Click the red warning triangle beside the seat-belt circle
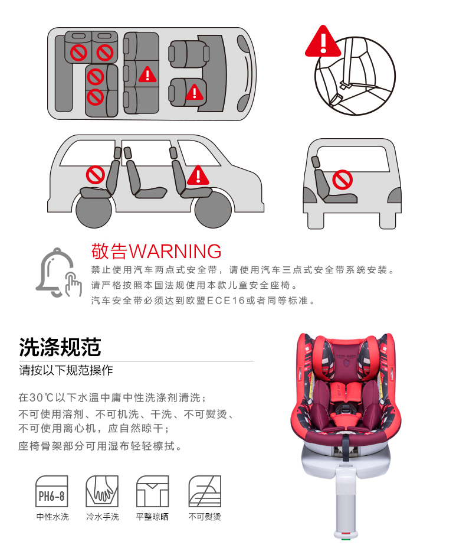323,43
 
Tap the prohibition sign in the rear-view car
343,180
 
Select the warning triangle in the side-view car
198,175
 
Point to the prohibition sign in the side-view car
96,175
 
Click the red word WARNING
175,252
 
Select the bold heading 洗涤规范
60,347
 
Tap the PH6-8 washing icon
52,491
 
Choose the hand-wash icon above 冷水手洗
102,491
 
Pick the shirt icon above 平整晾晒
153,491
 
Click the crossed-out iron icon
205,491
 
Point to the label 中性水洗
52,517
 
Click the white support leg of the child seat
346,500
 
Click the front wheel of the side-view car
212,209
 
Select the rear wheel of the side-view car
94,210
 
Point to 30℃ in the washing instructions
41,397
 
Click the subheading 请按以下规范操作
66,370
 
